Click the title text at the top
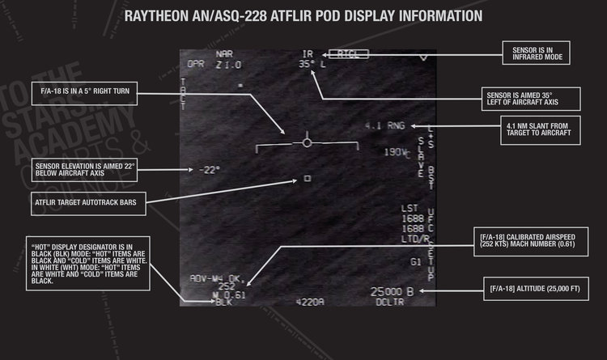(x=303, y=15)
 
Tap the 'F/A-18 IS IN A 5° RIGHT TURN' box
(x=90, y=90)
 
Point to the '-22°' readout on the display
(x=208, y=169)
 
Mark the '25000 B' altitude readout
(x=392, y=291)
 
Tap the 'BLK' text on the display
(x=224, y=303)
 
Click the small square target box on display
(x=307, y=178)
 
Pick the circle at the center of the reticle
(x=307, y=142)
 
